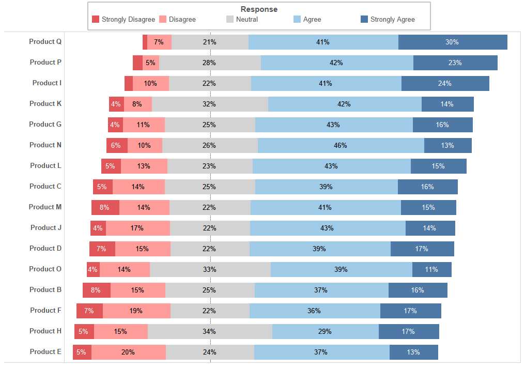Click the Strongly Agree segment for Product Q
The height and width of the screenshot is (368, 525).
click(x=453, y=42)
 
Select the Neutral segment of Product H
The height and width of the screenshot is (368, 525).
click(x=210, y=331)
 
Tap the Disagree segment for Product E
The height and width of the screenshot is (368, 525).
click(x=128, y=352)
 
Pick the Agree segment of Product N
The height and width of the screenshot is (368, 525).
click(x=341, y=145)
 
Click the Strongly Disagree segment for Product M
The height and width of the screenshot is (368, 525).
click(x=105, y=207)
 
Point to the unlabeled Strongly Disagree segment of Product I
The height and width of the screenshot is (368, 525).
click(x=129, y=83)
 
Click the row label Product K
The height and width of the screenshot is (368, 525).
click(x=45, y=103)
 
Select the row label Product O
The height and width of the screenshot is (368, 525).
click(x=45, y=269)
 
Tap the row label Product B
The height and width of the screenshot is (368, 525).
click(x=45, y=289)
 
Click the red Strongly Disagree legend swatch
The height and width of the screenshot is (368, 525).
click(x=96, y=20)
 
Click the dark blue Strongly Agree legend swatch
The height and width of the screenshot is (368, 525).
click(x=364, y=20)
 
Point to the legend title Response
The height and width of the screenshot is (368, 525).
click(x=259, y=9)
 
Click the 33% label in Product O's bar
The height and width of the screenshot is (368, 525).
click(x=209, y=269)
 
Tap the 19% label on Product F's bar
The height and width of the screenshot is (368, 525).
click(x=136, y=311)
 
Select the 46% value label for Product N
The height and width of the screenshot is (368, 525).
click(x=340, y=145)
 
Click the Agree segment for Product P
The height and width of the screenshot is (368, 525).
click(x=336, y=63)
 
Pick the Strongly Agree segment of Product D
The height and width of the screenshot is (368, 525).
click(x=422, y=249)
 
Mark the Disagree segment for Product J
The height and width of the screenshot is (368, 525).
click(x=137, y=228)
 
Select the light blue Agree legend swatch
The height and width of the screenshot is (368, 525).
click(x=297, y=20)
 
